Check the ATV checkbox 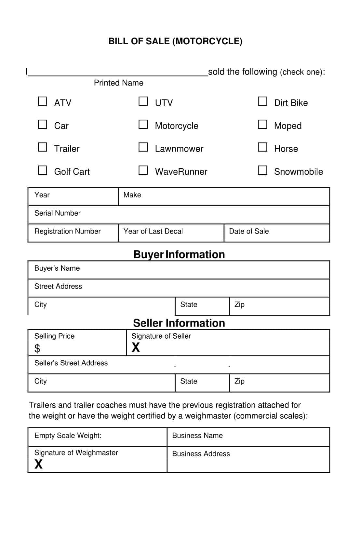(x=43, y=101)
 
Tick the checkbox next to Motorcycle (x=143, y=124)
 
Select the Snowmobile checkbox (x=262, y=170)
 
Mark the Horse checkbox (x=262, y=147)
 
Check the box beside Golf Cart (x=43, y=170)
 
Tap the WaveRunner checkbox (x=143, y=170)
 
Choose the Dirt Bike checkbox (x=262, y=101)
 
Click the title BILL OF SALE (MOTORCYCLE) (x=175, y=41)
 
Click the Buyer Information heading (x=179, y=254)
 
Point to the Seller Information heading (x=179, y=323)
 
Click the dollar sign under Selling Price (x=37, y=349)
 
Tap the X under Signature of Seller (x=136, y=347)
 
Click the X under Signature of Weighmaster (x=39, y=464)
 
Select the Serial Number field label (x=58, y=213)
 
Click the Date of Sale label (x=249, y=231)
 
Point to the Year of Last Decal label (x=153, y=231)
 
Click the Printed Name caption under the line (x=118, y=83)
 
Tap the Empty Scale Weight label (x=68, y=436)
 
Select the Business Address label (x=201, y=454)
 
